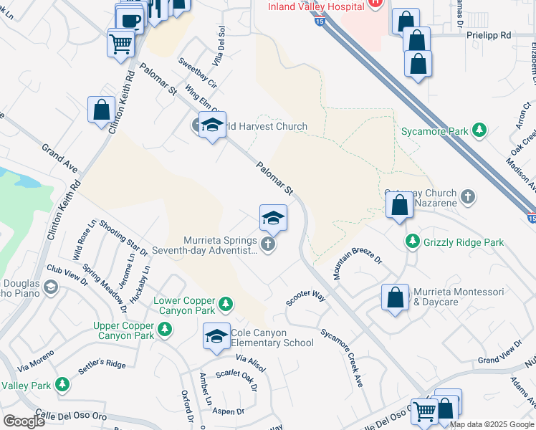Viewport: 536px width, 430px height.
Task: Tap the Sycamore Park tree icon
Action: (479, 130)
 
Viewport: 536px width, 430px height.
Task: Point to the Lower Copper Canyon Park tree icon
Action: (225, 304)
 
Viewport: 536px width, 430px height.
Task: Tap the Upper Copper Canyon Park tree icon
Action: (166, 329)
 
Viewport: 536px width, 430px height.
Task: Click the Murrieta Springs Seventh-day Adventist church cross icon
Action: (268, 245)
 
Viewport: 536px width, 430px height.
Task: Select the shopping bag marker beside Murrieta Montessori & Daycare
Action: (395, 299)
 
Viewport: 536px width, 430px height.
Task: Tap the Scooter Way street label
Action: (306, 297)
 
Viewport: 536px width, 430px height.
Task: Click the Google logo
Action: (24, 421)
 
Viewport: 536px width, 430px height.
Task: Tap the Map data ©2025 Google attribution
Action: (492, 424)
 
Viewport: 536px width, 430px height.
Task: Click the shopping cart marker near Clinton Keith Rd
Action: (121, 44)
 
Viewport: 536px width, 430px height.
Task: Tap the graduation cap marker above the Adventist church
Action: (273, 218)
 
